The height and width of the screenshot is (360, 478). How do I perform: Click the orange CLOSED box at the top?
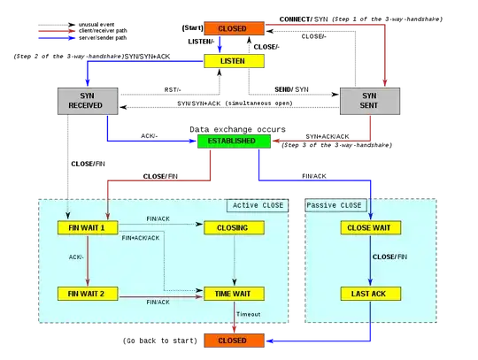click(234, 29)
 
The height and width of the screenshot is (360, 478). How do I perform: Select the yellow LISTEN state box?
click(234, 61)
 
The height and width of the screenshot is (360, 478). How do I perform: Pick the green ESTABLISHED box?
click(233, 141)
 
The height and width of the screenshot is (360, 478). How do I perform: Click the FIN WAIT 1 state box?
click(87, 227)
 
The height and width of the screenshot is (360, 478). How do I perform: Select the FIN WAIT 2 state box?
click(87, 293)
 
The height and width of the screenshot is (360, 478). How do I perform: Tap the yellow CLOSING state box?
click(233, 227)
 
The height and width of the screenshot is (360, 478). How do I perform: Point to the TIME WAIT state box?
click(233, 293)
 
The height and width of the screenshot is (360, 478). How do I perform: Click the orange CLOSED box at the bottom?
click(233, 340)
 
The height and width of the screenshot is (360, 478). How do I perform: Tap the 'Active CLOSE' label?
click(258, 205)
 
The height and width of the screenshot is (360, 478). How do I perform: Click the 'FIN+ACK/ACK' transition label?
click(141, 238)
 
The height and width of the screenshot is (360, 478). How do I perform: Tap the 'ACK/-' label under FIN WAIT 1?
click(76, 258)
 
